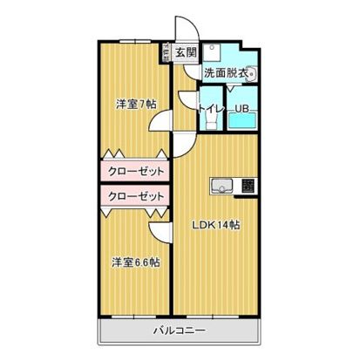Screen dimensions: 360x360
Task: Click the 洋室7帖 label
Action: point(136,105)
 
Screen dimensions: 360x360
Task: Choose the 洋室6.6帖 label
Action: point(134,262)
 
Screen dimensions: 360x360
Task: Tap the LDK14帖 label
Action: point(216,224)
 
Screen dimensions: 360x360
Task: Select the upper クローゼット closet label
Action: point(136,171)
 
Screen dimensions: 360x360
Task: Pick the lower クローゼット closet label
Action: point(136,195)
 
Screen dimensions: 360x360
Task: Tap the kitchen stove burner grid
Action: point(247,185)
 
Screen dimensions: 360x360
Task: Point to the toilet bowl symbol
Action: point(211,121)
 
